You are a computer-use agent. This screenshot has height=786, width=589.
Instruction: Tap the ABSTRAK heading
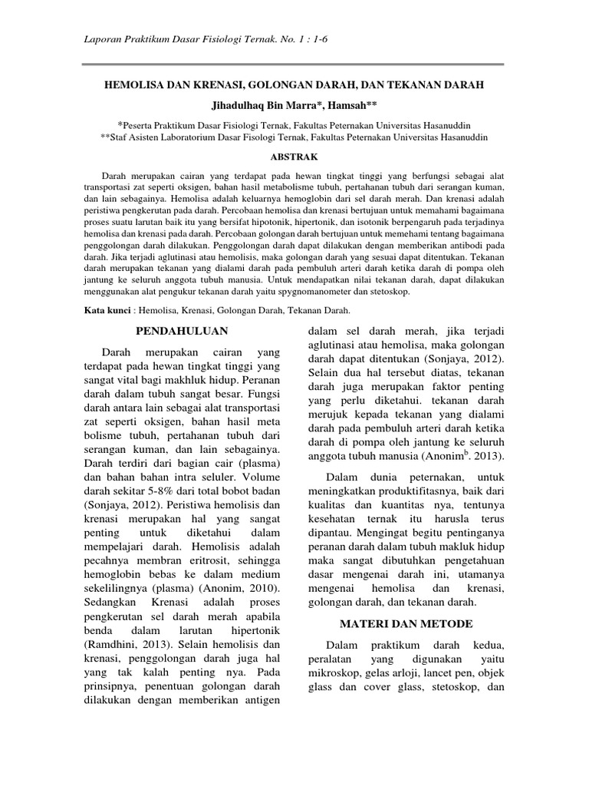pos(294,157)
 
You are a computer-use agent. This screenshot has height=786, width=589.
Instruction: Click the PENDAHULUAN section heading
pos(182,331)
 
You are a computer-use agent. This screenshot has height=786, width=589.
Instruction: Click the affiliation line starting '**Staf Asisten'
pos(294,137)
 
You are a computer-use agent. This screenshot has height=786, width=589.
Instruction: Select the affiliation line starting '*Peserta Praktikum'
pos(294,124)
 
